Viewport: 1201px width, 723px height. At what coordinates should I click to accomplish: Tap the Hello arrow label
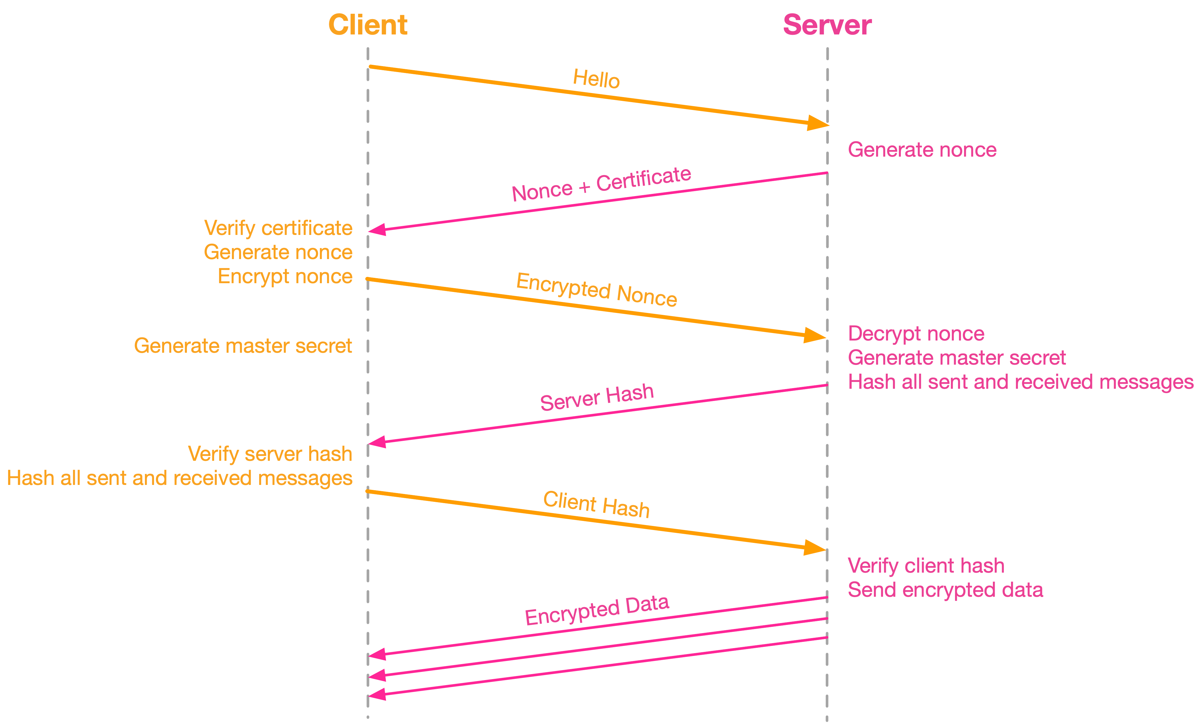[596, 79]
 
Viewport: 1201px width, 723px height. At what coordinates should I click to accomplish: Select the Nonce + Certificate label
[601, 184]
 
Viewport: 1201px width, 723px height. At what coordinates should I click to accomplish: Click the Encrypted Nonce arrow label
[596, 290]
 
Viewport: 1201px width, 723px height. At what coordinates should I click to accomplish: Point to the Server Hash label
[597, 397]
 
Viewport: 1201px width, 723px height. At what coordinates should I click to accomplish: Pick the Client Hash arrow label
[596, 504]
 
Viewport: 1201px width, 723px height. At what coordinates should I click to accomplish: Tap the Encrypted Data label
[597, 610]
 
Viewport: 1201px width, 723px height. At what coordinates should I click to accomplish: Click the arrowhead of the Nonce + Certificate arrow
[378, 230]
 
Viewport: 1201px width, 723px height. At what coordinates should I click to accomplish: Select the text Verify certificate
[278, 228]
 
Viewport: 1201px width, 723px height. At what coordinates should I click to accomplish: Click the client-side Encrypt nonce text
[285, 276]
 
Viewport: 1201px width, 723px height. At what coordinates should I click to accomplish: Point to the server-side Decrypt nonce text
[916, 334]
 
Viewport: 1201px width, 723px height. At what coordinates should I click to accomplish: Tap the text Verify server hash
[270, 454]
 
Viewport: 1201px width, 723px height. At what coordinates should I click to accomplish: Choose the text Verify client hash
[926, 566]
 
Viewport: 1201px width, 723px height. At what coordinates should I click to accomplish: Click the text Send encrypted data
[945, 590]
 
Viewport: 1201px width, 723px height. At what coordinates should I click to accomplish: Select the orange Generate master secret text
[243, 346]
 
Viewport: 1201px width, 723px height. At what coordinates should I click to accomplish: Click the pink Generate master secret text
[957, 358]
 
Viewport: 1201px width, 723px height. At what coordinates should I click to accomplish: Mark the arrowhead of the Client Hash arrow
[814, 548]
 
